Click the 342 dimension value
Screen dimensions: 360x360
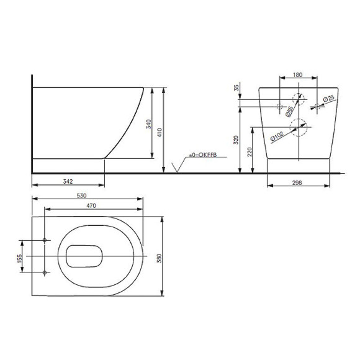(x=68, y=181)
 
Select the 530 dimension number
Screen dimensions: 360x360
(x=81, y=196)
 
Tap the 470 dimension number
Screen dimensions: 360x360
(x=91, y=205)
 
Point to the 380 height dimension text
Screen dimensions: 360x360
(x=159, y=258)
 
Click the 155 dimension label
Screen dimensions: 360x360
(x=19, y=258)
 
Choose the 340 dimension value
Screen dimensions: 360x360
(x=149, y=124)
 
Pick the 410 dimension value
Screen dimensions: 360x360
(x=160, y=133)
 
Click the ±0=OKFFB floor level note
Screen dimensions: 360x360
(x=203, y=155)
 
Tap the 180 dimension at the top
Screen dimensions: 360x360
(x=298, y=74)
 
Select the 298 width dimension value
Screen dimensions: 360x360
(x=297, y=182)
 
